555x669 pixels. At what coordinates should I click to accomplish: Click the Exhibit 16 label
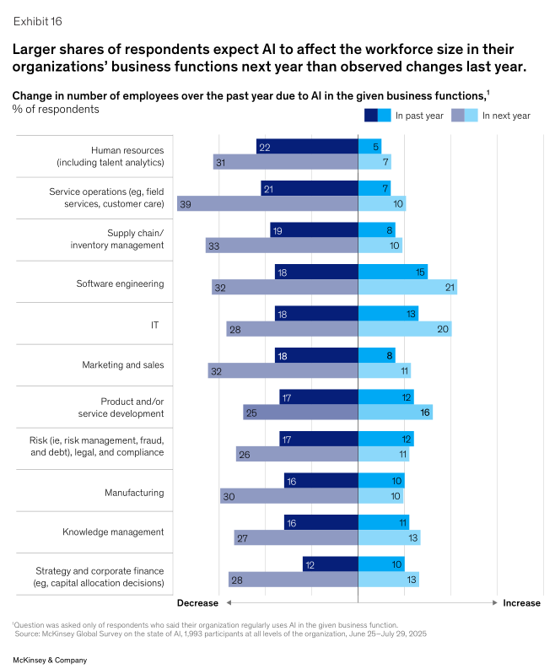click(x=37, y=20)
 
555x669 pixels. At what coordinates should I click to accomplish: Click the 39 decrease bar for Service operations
click(x=267, y=204)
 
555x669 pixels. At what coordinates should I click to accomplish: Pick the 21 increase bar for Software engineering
click(x=407, y=288)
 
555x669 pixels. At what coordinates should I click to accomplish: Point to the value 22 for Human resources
click(x=265, y=147)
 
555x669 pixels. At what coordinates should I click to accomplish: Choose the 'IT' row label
click(x=155, y=324)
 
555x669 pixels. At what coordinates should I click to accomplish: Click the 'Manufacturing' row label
click(x=134, y=492)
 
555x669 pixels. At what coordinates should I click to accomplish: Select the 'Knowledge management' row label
click(x=113, y=532)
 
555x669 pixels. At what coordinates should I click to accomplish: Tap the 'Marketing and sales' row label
click(x=123, y=365)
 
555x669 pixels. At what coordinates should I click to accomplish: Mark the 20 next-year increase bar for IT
click(x=405, y=329)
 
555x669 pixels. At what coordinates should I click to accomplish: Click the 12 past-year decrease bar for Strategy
click(x=330, y=564)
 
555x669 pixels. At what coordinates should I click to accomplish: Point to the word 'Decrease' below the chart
click(x=197, y=603)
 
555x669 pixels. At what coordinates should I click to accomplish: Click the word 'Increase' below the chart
click(x=521, y=603)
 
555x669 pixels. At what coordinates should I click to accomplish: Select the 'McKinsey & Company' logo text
click(x=47, y=656)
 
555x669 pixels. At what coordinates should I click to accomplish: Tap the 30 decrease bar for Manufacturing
click(x=288, y=496)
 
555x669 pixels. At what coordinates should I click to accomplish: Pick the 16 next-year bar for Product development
click(x=395, y=413)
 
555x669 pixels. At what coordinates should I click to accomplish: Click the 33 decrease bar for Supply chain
click(x=282, y=245)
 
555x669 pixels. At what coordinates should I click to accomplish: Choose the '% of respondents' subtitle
click(x=56, y=110)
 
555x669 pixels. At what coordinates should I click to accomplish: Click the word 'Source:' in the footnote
click(x=31, y=632)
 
